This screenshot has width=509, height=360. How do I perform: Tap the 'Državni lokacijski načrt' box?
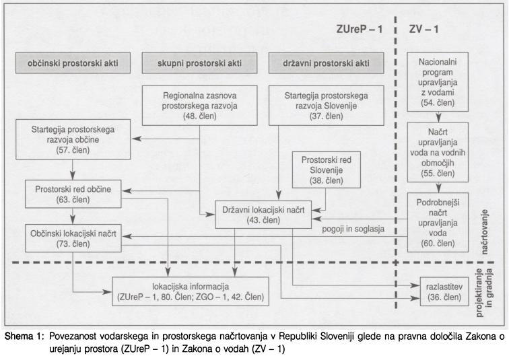pyautogui.click(x=264, y=214)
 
